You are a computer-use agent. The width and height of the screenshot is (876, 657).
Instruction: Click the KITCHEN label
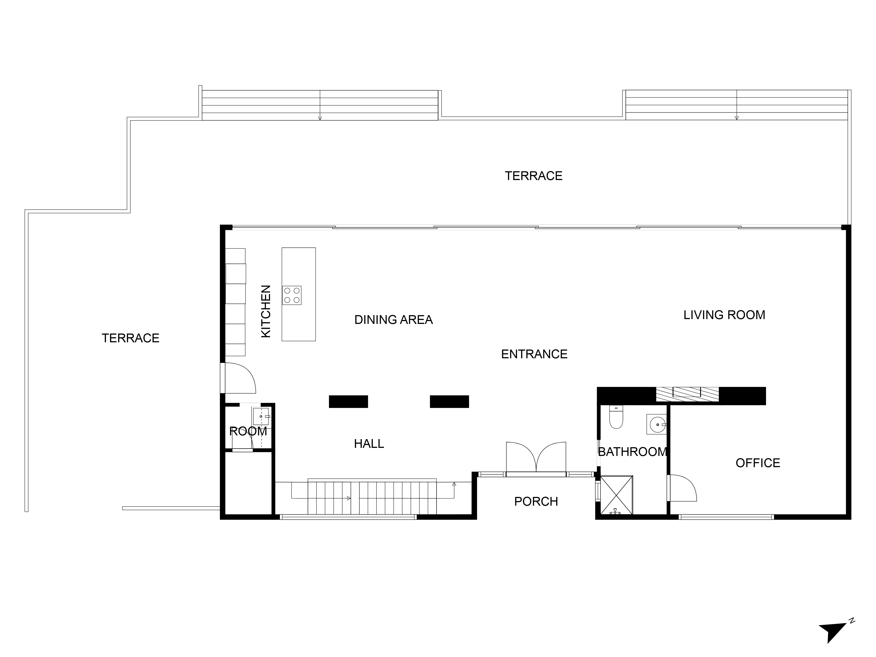click(266, 311)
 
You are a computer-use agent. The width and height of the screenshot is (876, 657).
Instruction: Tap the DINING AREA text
click(393, 320)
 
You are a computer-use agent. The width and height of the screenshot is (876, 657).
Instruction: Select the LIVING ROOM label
click(724, 315)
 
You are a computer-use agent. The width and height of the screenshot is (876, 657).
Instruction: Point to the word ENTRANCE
click(534, 354)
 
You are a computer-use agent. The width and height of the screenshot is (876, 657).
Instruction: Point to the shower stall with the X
click(617, 495)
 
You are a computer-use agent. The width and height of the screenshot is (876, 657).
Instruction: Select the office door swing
click(682, 488)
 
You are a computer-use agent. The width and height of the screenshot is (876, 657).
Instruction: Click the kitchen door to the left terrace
click(238, 378)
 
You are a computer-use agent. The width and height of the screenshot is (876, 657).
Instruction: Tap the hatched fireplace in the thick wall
click(687, 394)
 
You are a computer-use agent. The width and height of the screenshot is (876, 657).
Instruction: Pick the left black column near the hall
click(348, 402)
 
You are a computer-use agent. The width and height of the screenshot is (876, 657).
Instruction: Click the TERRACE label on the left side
click(131, 338)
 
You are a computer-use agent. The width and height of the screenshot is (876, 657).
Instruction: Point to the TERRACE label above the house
click(533, 176)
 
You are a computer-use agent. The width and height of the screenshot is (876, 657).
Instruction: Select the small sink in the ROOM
click(261, 417)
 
